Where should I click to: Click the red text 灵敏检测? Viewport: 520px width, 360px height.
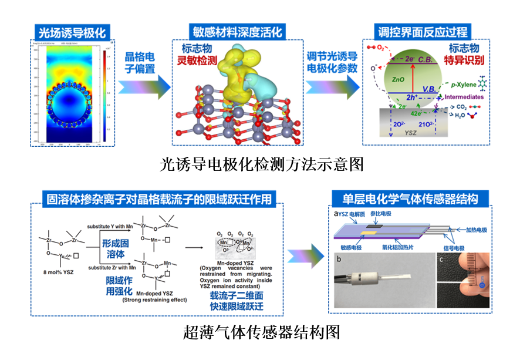click(198, 59)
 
